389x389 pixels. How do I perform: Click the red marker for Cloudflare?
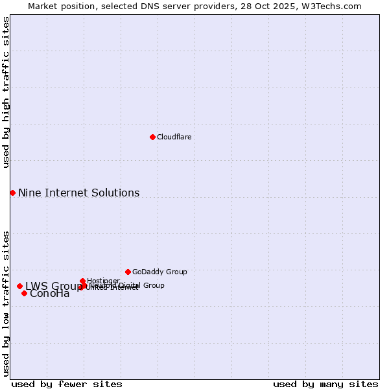152,137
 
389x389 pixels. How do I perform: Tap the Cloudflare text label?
174,137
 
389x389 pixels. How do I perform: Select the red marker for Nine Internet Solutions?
12,193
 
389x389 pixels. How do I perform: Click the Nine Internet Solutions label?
78,193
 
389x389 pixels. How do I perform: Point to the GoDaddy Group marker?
128,272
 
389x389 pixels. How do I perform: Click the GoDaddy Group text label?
159,272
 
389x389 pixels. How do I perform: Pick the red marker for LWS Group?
19,286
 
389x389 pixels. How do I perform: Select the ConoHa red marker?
24,293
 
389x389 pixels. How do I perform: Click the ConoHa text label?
49,294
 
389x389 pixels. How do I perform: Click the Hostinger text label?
103,281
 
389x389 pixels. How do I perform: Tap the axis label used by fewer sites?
67,384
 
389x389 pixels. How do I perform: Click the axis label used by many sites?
325,384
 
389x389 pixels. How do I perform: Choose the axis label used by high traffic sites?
6,93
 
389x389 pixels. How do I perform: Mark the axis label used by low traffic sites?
6,303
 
